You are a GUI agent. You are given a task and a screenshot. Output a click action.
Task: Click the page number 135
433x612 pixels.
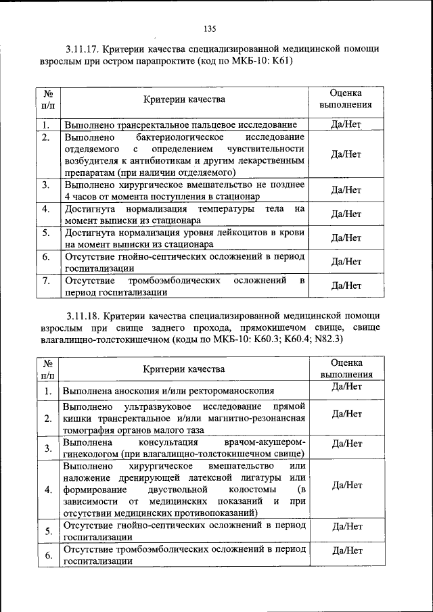coord(209,28)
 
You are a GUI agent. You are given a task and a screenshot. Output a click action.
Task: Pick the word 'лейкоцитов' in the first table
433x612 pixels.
coord(215,233)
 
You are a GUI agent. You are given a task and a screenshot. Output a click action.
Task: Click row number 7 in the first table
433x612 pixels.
coord(45,280)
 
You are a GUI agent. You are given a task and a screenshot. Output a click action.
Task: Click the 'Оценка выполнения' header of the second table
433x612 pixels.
coord(346,368)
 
